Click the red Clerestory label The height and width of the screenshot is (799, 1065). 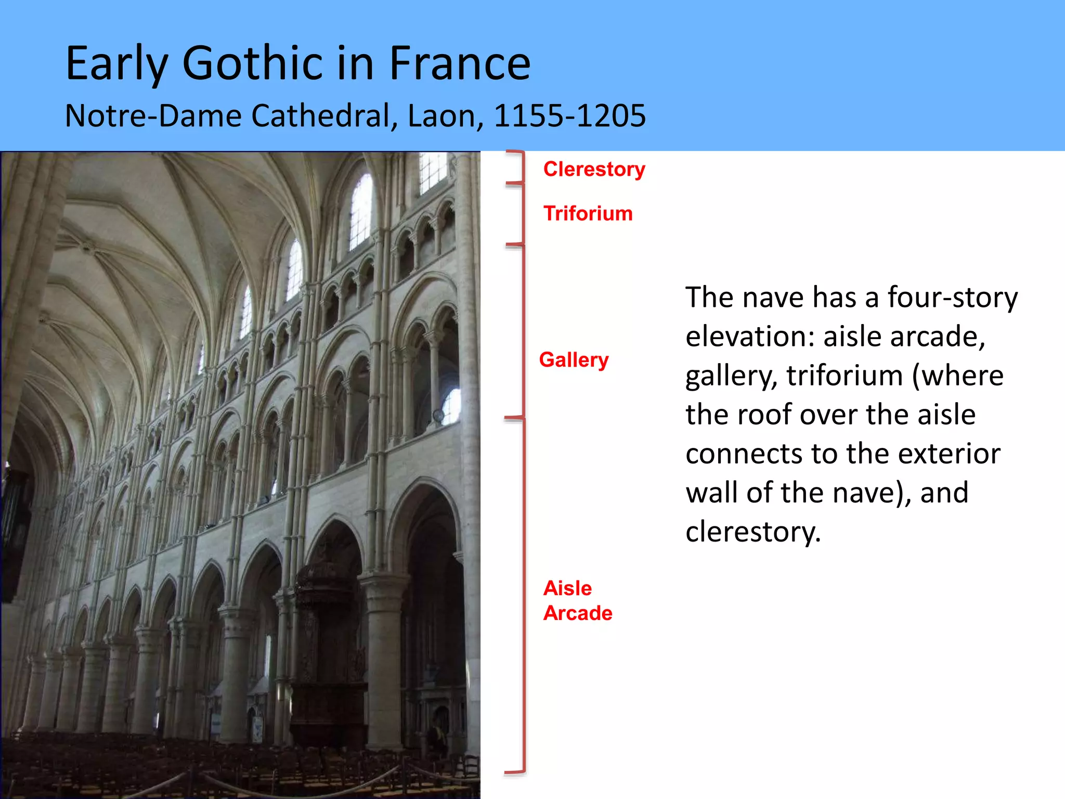(594, 170)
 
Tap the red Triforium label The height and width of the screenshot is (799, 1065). (588, 214)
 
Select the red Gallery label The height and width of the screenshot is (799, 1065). (574, 360)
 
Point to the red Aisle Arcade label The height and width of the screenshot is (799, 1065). (577, 601)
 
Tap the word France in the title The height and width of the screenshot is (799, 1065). (460, 63)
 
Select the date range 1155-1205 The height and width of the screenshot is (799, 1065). (569, 115)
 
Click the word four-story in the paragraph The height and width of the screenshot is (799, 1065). (952, 298)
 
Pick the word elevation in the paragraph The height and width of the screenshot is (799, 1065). (749, 337)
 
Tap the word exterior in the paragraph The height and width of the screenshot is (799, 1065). (949, 454)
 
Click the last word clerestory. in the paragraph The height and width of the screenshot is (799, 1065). (752, 532)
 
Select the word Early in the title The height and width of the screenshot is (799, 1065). (117, 63)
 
